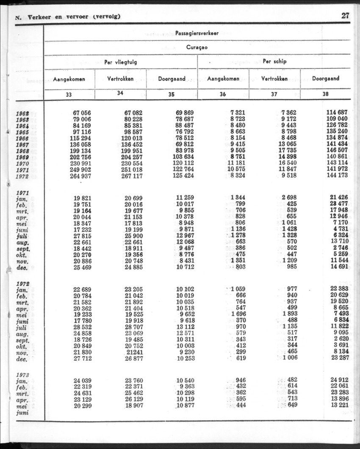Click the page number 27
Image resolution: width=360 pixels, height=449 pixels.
345,16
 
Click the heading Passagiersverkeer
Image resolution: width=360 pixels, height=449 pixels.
197,33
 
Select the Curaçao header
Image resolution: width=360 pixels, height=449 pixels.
197,47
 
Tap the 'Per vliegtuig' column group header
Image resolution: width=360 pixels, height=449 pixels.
121,62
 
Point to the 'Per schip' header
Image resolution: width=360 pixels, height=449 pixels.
274,61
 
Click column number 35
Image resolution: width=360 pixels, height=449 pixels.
172,95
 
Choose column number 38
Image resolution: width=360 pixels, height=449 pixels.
325,95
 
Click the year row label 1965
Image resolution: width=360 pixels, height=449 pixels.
22,132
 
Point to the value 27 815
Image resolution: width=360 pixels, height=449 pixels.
82,236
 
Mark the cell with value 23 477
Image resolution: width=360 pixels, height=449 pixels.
338,204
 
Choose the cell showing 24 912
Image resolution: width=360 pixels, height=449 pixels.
338,379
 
